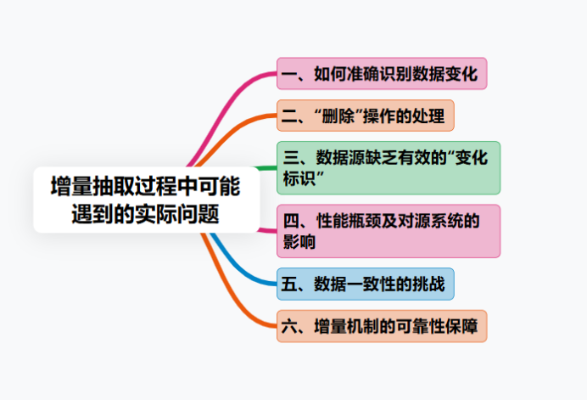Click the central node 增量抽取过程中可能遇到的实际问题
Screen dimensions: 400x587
[146, 200]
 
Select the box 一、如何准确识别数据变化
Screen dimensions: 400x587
[382, 74]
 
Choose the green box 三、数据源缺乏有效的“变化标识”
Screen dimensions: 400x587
[389, 167]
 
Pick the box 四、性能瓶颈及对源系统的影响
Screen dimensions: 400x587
[389, 230]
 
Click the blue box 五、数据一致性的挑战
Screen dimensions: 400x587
[366, 284]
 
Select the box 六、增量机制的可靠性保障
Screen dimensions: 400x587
[382, 326]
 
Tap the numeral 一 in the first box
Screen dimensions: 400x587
[289, 74]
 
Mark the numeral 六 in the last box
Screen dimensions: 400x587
[289, 326]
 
